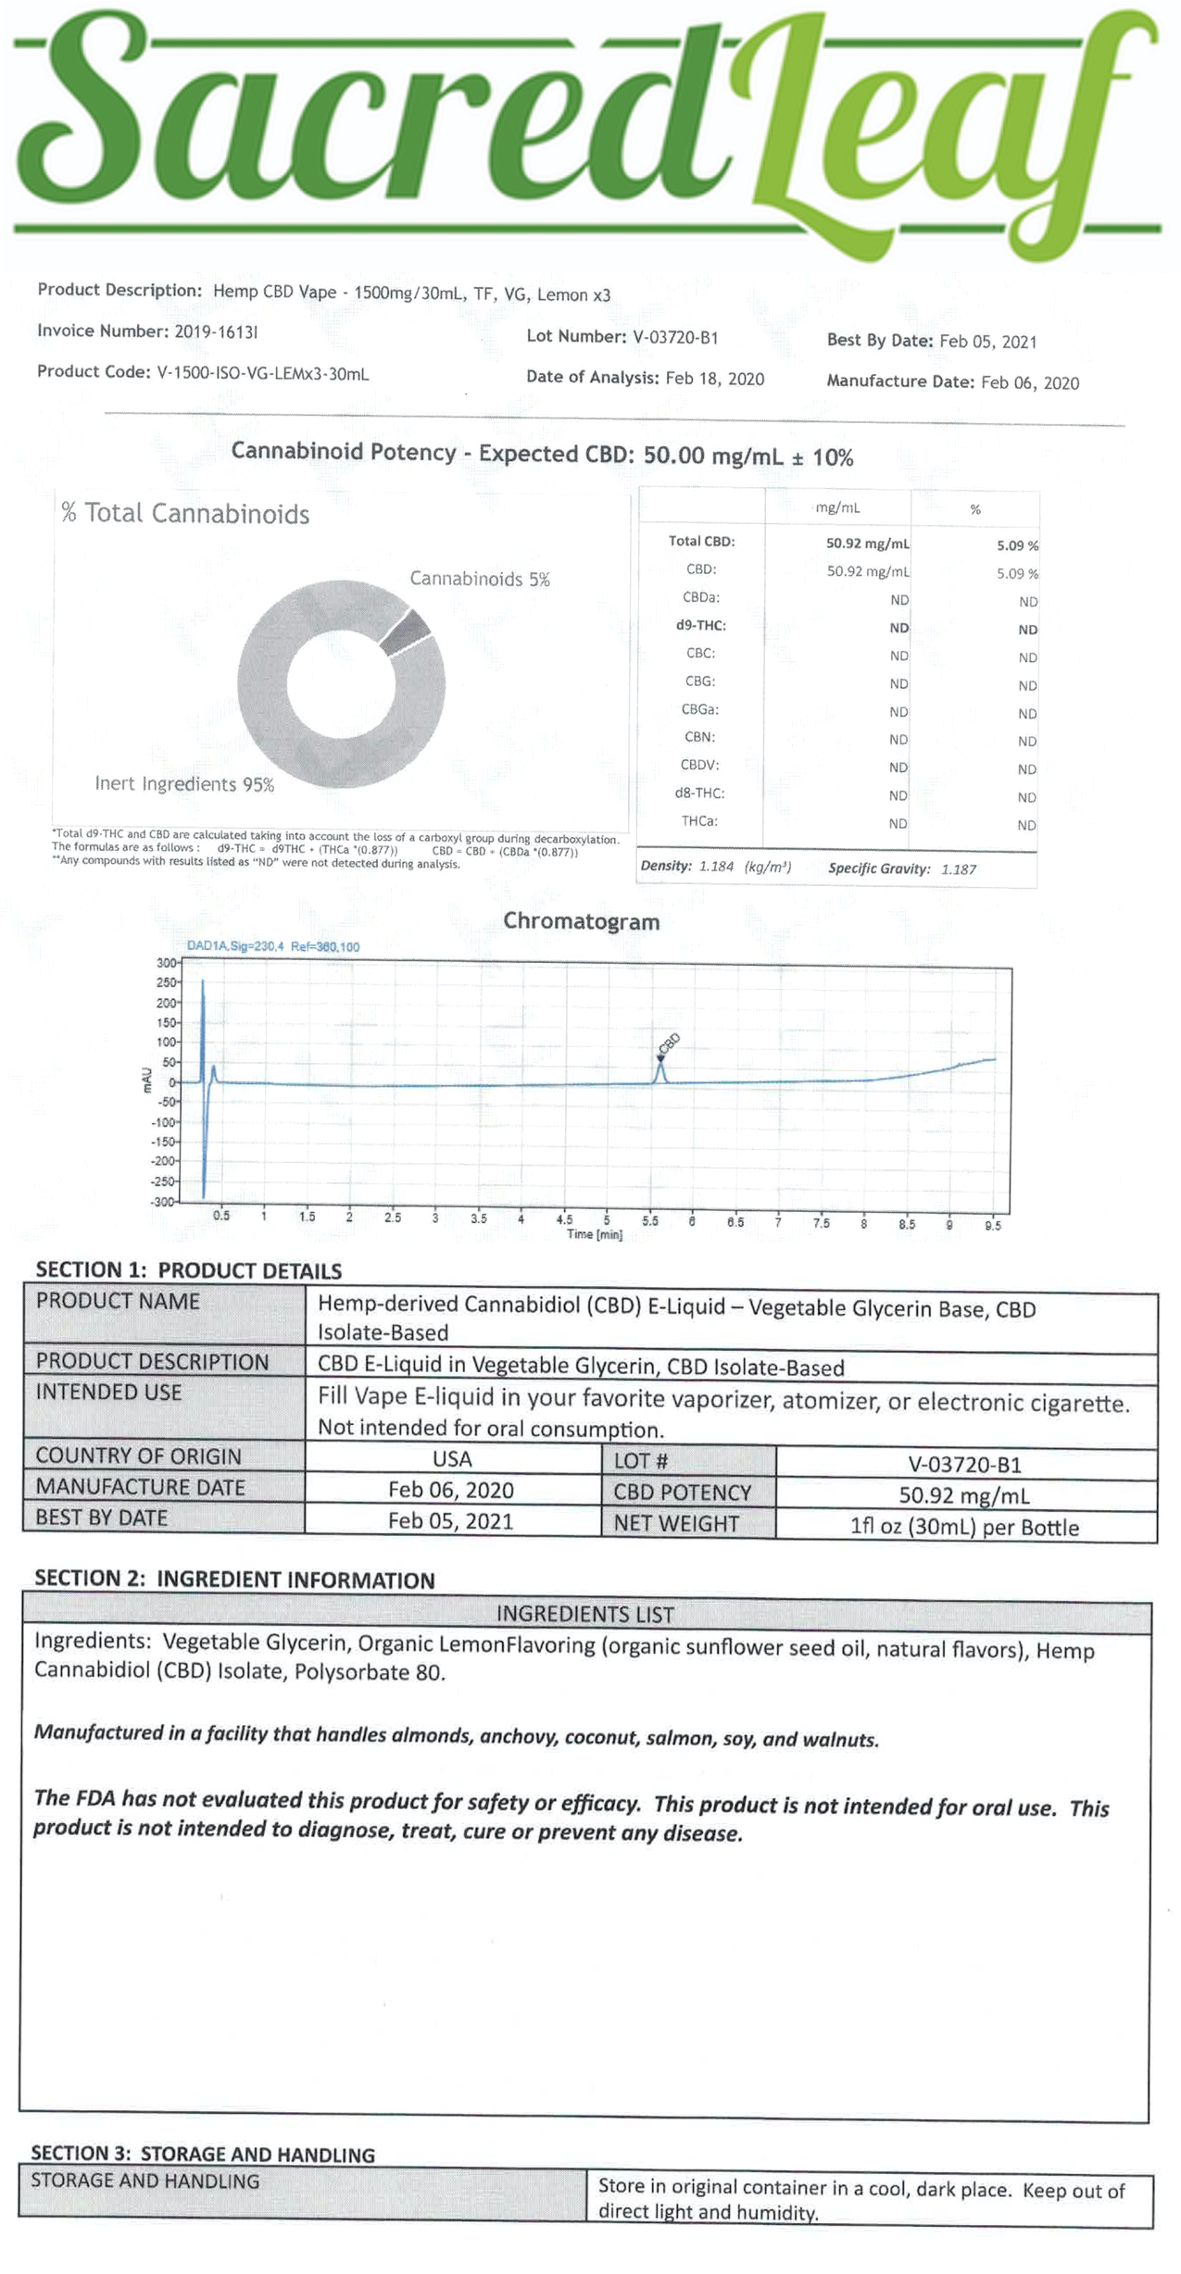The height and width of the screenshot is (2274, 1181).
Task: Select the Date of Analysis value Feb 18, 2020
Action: pos(714,378)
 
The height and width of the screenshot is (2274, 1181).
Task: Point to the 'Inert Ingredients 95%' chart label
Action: pos(184,784)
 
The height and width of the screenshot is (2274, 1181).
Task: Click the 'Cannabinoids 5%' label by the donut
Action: pos(480,580)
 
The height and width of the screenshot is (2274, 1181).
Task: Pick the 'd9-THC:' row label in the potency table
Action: pos(700,625)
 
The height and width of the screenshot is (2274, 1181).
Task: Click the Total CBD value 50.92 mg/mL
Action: pos(867,544)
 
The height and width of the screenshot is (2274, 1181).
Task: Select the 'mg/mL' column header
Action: pos(837,508)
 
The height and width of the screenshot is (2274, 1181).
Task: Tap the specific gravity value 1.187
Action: pos(959,869)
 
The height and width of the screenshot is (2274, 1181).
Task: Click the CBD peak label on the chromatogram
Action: pos(669,1043)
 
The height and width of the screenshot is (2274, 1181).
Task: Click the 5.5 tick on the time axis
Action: pos(650,1221)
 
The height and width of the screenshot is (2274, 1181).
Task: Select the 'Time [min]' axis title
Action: pos(594,1234)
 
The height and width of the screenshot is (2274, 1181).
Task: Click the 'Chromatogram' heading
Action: pos(581,921)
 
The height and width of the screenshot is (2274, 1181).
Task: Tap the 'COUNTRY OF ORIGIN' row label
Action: pos(138,1455)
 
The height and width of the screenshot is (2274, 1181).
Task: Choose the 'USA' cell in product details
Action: pos(452,1458)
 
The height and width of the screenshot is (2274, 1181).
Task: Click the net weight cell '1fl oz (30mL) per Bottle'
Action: pos(964,1527)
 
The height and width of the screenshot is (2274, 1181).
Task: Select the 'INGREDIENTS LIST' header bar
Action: pos(584,1614)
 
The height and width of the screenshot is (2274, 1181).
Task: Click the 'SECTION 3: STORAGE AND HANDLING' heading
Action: pos(203,2154)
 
